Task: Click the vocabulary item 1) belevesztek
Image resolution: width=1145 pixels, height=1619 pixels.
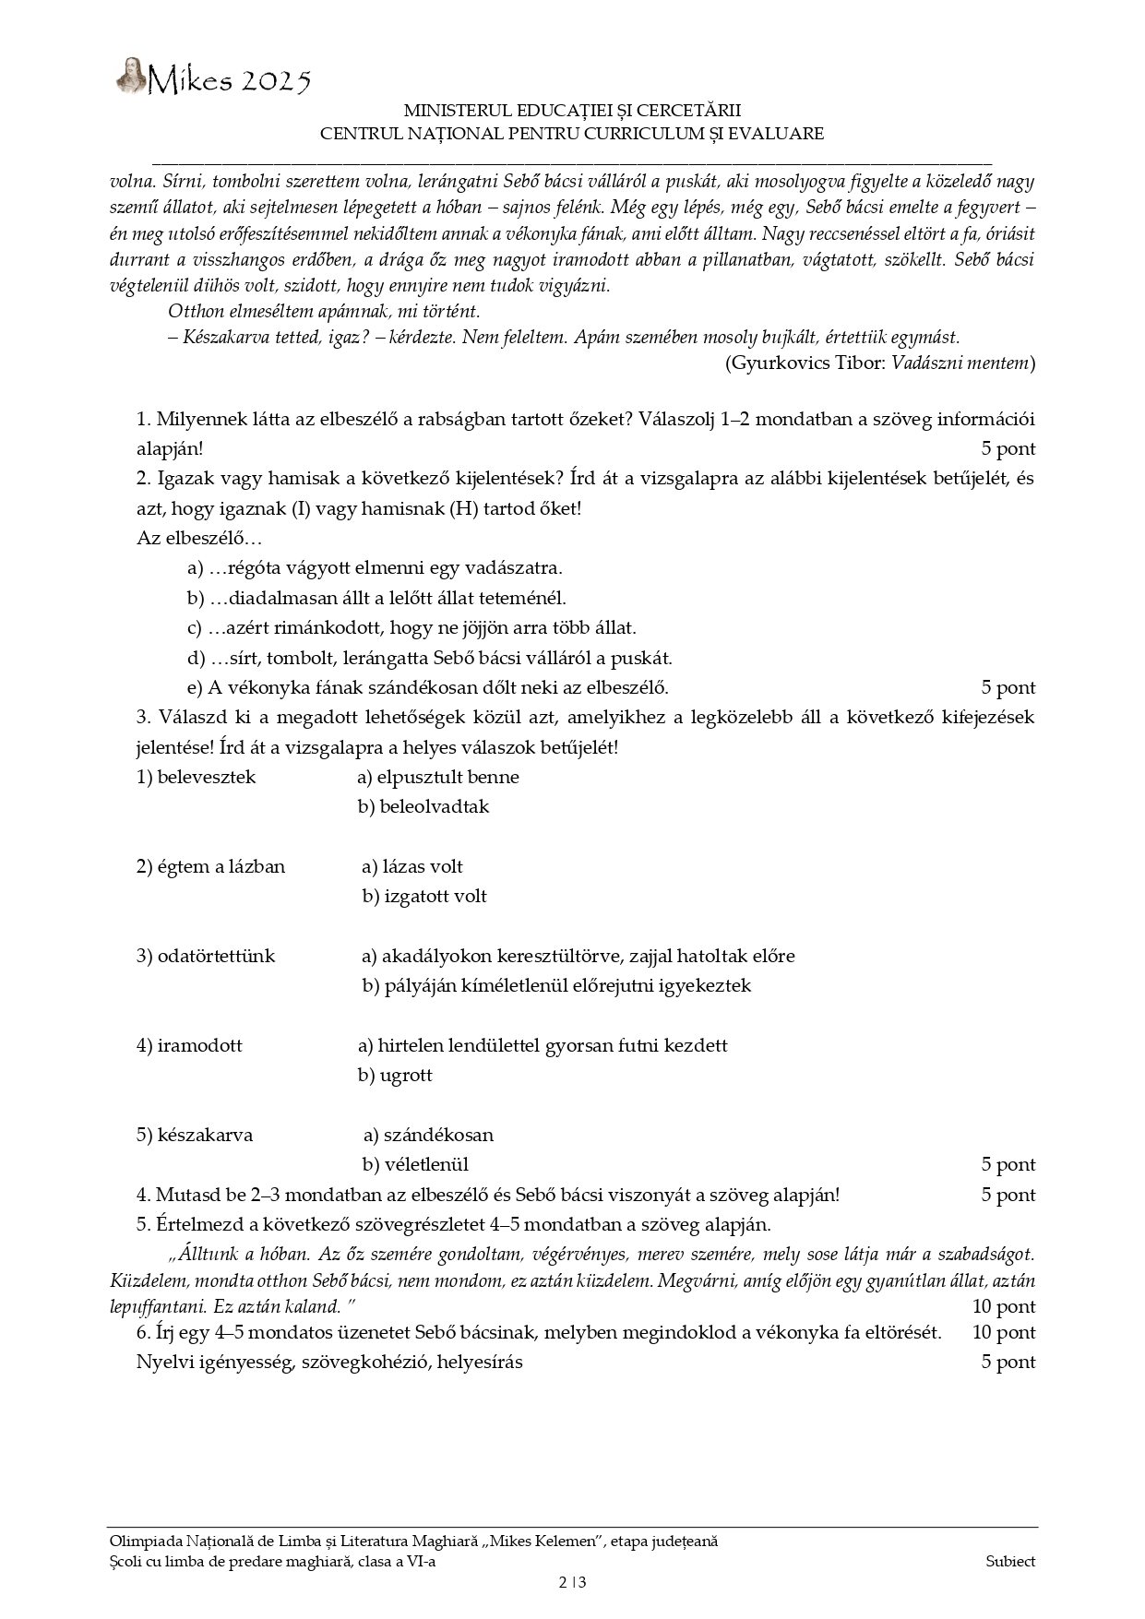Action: tap(196, 778)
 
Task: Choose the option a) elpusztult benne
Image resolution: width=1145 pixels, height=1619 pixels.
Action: tap(438, 778)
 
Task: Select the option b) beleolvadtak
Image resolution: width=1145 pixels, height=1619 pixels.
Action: tap(423, 807)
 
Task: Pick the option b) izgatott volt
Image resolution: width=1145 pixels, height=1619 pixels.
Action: tap(424, 897)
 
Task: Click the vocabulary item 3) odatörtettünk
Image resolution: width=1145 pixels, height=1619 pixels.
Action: tap(206, 957)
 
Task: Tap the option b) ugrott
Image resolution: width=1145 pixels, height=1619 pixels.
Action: tap(395, 1076)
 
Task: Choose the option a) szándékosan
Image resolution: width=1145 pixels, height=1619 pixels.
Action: tap(428, 1136)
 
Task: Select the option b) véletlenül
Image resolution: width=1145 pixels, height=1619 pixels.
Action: tap(415, 1165)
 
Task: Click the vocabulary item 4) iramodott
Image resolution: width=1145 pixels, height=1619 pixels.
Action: tap(189, 1046)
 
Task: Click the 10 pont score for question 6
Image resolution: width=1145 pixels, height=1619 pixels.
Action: tap(1004, 1333)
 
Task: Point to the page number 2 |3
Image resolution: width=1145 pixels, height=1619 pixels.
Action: tap(572, 1583)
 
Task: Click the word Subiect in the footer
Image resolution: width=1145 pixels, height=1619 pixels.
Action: tap(1010, 1562)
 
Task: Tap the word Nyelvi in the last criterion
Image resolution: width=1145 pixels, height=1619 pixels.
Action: tap(163, 1363)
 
